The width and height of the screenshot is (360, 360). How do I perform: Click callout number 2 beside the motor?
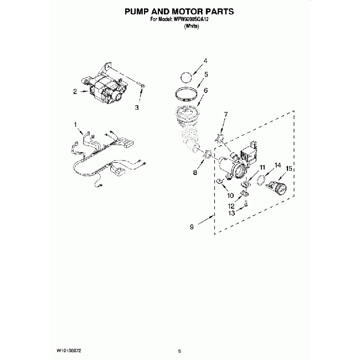tap(75, 92)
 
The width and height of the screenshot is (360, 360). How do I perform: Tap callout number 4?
tap(205, 61)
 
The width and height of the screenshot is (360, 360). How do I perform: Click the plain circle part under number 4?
tap(188, 76)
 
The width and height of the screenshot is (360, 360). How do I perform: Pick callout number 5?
tap(206, 74)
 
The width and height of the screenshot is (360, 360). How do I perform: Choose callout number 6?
tap(205, 90)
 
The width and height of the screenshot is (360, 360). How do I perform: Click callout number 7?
tap(225, 115)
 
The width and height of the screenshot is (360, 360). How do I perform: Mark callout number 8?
tap(195, 173)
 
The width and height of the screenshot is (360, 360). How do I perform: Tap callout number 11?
tap(263, 167)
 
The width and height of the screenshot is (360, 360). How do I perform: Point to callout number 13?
tap(233, 213)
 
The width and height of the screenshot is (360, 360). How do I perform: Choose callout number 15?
tap(289, 168)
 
